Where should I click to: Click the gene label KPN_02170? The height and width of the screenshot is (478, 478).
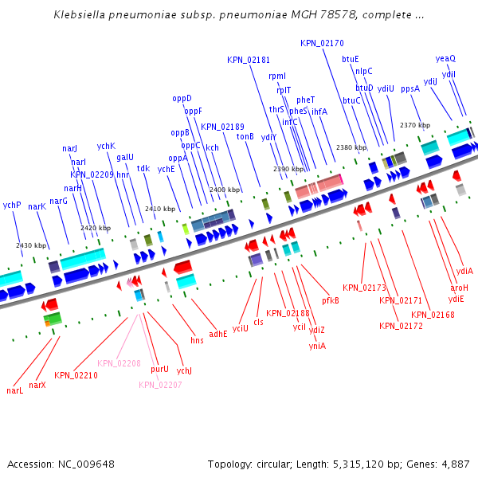(x=323, y=43)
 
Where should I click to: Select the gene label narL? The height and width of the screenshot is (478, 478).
(x=14, y=391)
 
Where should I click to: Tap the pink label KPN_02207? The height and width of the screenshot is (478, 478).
(x=160, y=385)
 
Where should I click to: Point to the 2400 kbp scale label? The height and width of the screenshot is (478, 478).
(x=224, y=190)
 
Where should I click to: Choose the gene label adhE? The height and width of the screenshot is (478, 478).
(x=217, y=334)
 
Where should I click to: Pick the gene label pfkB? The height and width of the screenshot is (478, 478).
(x=331, y=300)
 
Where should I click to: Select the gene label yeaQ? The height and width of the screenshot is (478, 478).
(x=445, y=58)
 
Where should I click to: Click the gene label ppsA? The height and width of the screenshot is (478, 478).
(x=409, y=88)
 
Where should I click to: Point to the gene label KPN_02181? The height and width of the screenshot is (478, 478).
(x=248, y=60)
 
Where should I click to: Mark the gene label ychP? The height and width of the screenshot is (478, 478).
(x=11, y=206)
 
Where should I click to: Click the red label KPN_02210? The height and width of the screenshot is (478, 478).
(x=76, y=375)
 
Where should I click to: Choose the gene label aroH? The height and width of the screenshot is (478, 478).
(x=460, y=288)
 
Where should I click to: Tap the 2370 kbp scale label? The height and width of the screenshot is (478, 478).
(x=414, y=125)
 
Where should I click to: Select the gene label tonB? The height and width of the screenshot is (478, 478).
(x=245, y=136)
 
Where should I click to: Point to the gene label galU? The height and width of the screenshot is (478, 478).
(x=125, y=158)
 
